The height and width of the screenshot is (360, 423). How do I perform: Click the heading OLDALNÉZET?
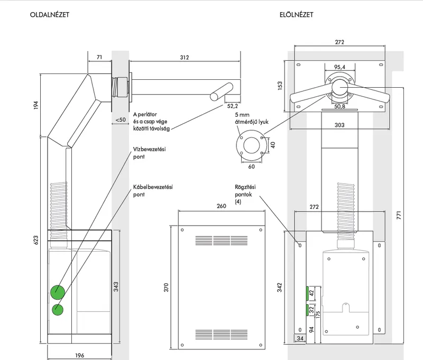(50, 15)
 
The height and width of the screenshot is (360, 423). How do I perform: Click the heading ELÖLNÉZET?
(297, 15)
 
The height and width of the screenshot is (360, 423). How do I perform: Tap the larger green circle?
(58, 292)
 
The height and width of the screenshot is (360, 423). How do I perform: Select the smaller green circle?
(58, 310)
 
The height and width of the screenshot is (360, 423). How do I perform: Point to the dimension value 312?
(185, 58)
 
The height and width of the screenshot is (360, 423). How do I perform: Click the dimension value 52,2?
(233, 106)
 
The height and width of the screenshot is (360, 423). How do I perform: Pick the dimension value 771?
(399, 215)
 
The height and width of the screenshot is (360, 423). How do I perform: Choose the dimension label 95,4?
(339, 67)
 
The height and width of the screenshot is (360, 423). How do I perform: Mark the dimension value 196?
(80, 355)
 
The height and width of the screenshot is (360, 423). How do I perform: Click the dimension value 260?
(222, 206)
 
